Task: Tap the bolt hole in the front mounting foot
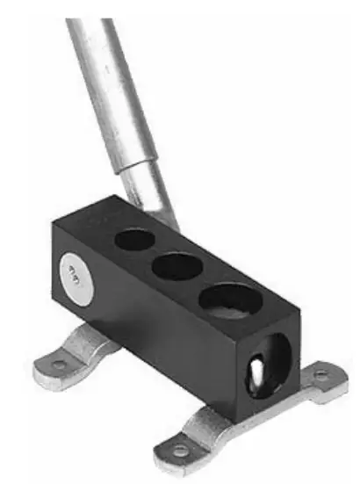click(x=180, y=451)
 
